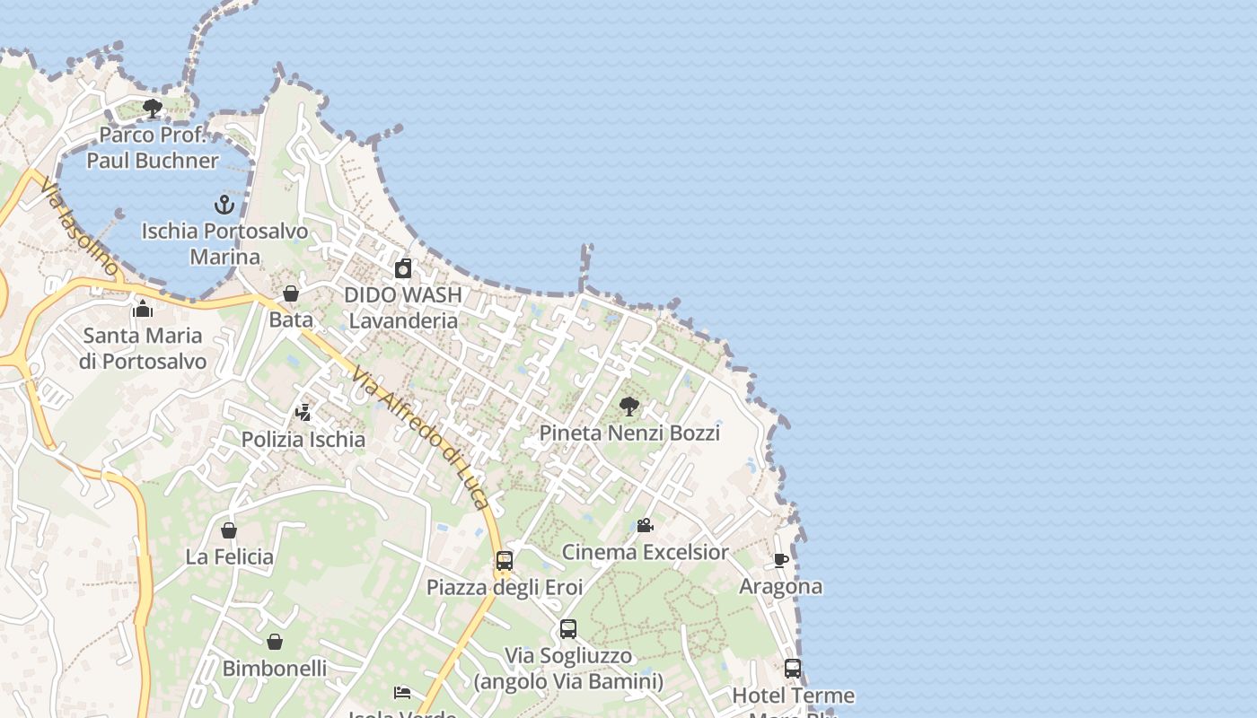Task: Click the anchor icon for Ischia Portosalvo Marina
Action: [224, 205]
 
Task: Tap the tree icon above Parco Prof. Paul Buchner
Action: [153, 109]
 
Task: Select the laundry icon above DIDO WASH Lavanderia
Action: [404, 268]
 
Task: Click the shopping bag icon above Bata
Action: [291, 293]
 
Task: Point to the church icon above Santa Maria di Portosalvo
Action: [142, 310]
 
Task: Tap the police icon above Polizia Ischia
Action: [303, 413]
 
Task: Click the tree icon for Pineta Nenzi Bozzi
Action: [629, 407]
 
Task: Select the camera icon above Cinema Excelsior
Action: [645, 525]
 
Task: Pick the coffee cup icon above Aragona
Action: [781, 560]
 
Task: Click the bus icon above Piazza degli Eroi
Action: [505, 561]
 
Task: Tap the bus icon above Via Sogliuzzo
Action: [568, 629]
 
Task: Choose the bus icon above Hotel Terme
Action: [793, 669]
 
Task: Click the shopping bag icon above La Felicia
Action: [229, 530]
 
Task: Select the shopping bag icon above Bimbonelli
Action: [275, 642]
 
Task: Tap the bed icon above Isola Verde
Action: [402, 692]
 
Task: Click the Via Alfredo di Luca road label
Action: [421, 437]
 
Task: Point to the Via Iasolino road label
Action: [79, 225]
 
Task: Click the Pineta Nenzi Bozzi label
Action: [629, 433]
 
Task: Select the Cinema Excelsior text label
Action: [645, 551]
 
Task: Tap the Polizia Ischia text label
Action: [303, 439]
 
